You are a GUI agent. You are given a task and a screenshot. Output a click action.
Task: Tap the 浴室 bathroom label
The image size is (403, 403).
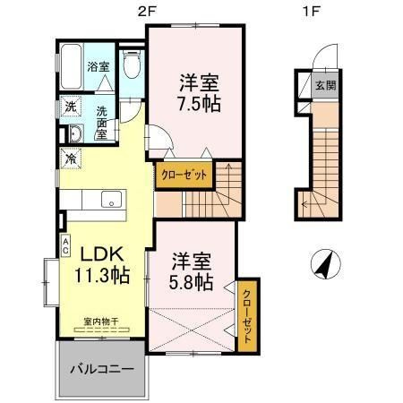click(x=99, y=67)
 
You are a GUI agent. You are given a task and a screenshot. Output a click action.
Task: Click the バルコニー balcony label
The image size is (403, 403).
click(x=102, y=369)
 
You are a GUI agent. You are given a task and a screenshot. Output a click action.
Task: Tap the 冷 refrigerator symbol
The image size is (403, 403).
click(x=71, y=159)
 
